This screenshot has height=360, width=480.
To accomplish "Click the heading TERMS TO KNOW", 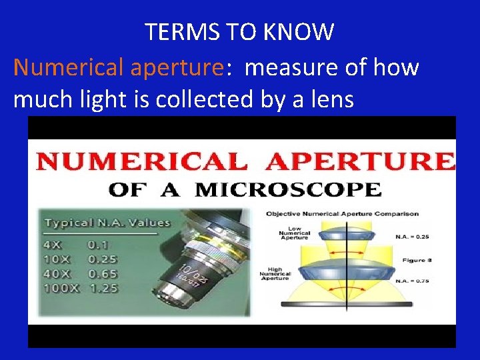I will pyautogui.click(x=240, y=31).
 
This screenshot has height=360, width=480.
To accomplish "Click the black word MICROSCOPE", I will pyautogui.click(x=289, y=189).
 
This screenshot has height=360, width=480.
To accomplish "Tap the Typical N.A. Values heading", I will pyautogui.click(x=107, y=223).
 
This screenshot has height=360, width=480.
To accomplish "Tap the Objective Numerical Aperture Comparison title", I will pyautogui.click(x=342, y=213).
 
